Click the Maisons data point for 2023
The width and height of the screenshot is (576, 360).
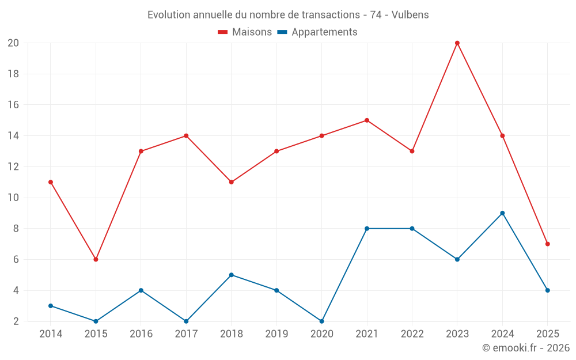(x=457, y=43)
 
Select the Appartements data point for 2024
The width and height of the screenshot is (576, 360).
(x=502, y=213)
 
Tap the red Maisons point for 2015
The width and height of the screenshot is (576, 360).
(x=96, y=259)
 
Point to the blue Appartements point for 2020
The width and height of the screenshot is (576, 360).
(x=321, y=321)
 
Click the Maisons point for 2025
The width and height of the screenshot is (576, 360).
(x=547, y=244)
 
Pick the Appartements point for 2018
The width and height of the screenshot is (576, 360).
(x=231, y=275)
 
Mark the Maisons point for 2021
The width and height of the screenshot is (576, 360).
(x=367, y=120)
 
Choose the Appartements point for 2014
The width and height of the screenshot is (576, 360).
(x=51, y=306)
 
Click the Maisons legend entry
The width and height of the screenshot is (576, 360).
(x=252, y=32)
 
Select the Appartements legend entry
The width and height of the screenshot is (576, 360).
(x=324, y=32)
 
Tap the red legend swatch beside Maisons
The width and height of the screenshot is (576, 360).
(x=223, y=32)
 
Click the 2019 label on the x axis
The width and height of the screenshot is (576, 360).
(x=276, y=334)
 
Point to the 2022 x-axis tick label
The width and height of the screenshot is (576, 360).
(x=412, y=334)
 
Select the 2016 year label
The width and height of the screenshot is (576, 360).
(x=141, y=334)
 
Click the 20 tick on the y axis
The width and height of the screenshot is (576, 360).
(x=13, y=43)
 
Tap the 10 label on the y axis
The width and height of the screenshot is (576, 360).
(x=13, y=198)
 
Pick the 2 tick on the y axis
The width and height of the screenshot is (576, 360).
(x=16, y=321)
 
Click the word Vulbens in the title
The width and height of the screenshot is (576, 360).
(x=410, y=15)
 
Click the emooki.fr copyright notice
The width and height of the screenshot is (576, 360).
(x=525, y=348)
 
